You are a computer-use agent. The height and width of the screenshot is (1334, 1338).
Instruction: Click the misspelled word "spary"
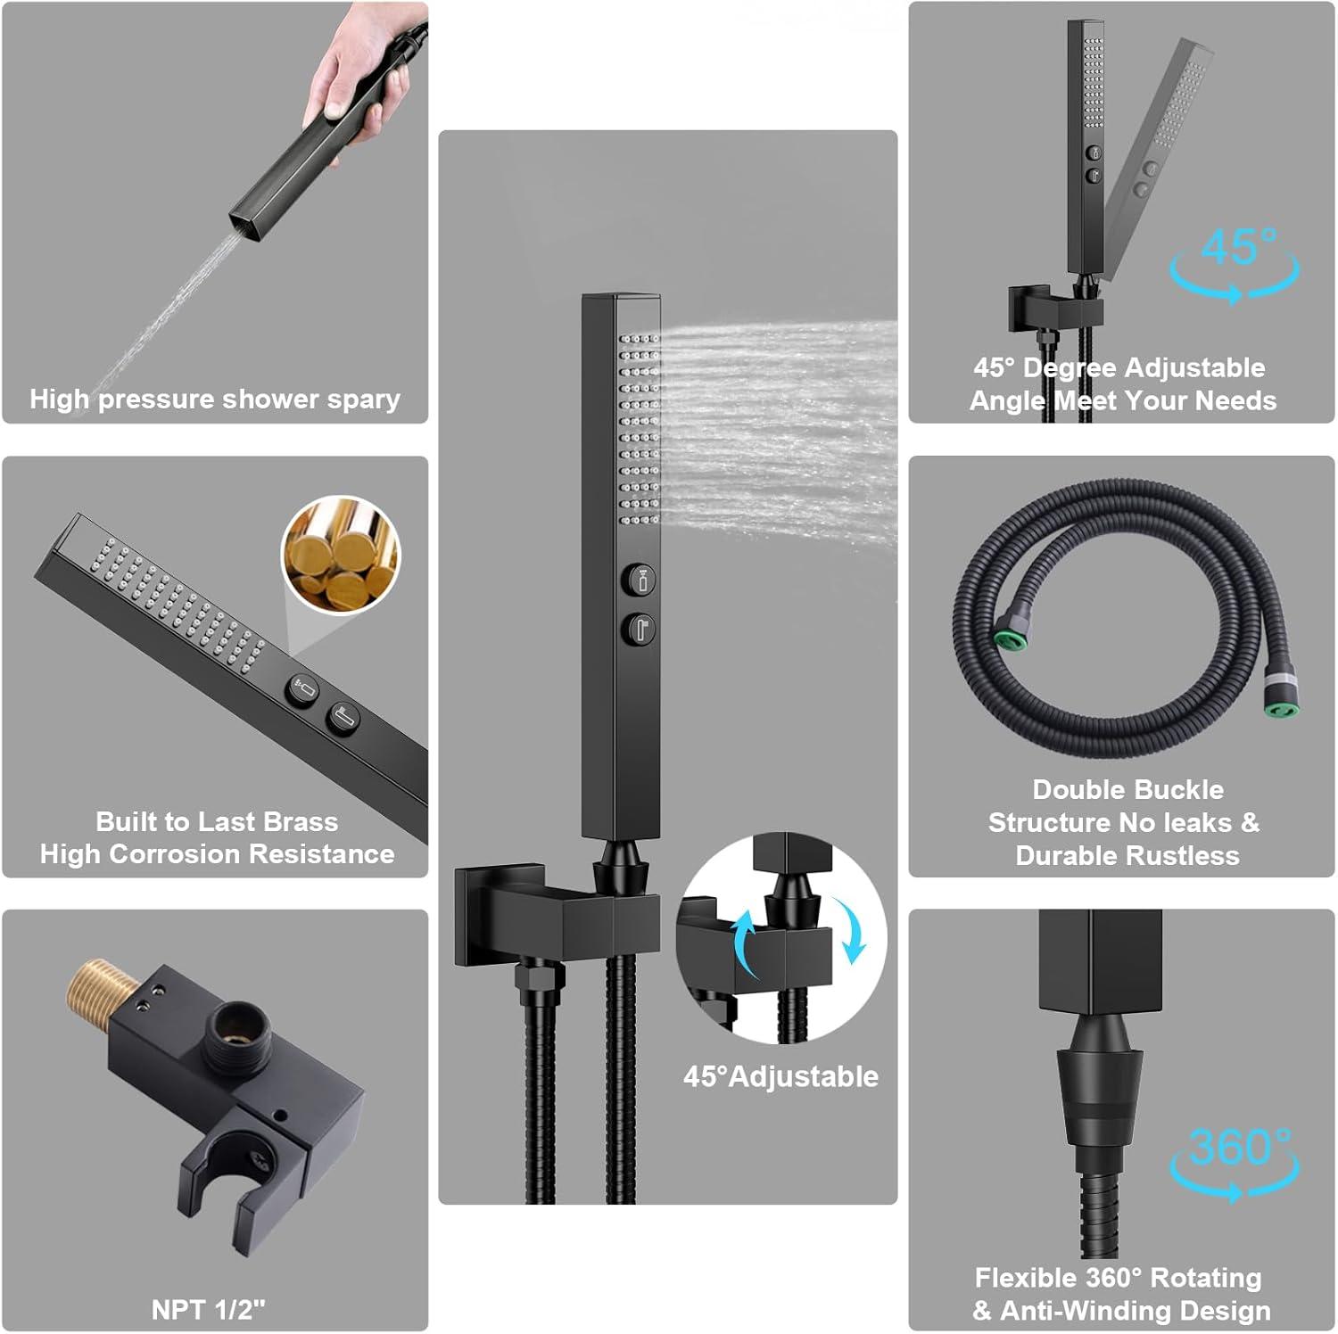tap(363, 399)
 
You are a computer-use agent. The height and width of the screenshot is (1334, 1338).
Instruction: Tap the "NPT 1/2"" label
tap(209, 1309)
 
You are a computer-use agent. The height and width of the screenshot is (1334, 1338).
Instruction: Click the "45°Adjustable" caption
tap(780, 1076)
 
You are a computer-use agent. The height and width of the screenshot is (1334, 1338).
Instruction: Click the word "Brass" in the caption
tap(299, 821)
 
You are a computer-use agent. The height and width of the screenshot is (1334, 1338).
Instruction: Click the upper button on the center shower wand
tap(639, 579)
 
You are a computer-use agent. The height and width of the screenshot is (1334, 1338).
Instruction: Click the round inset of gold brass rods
tap(341, 556)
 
